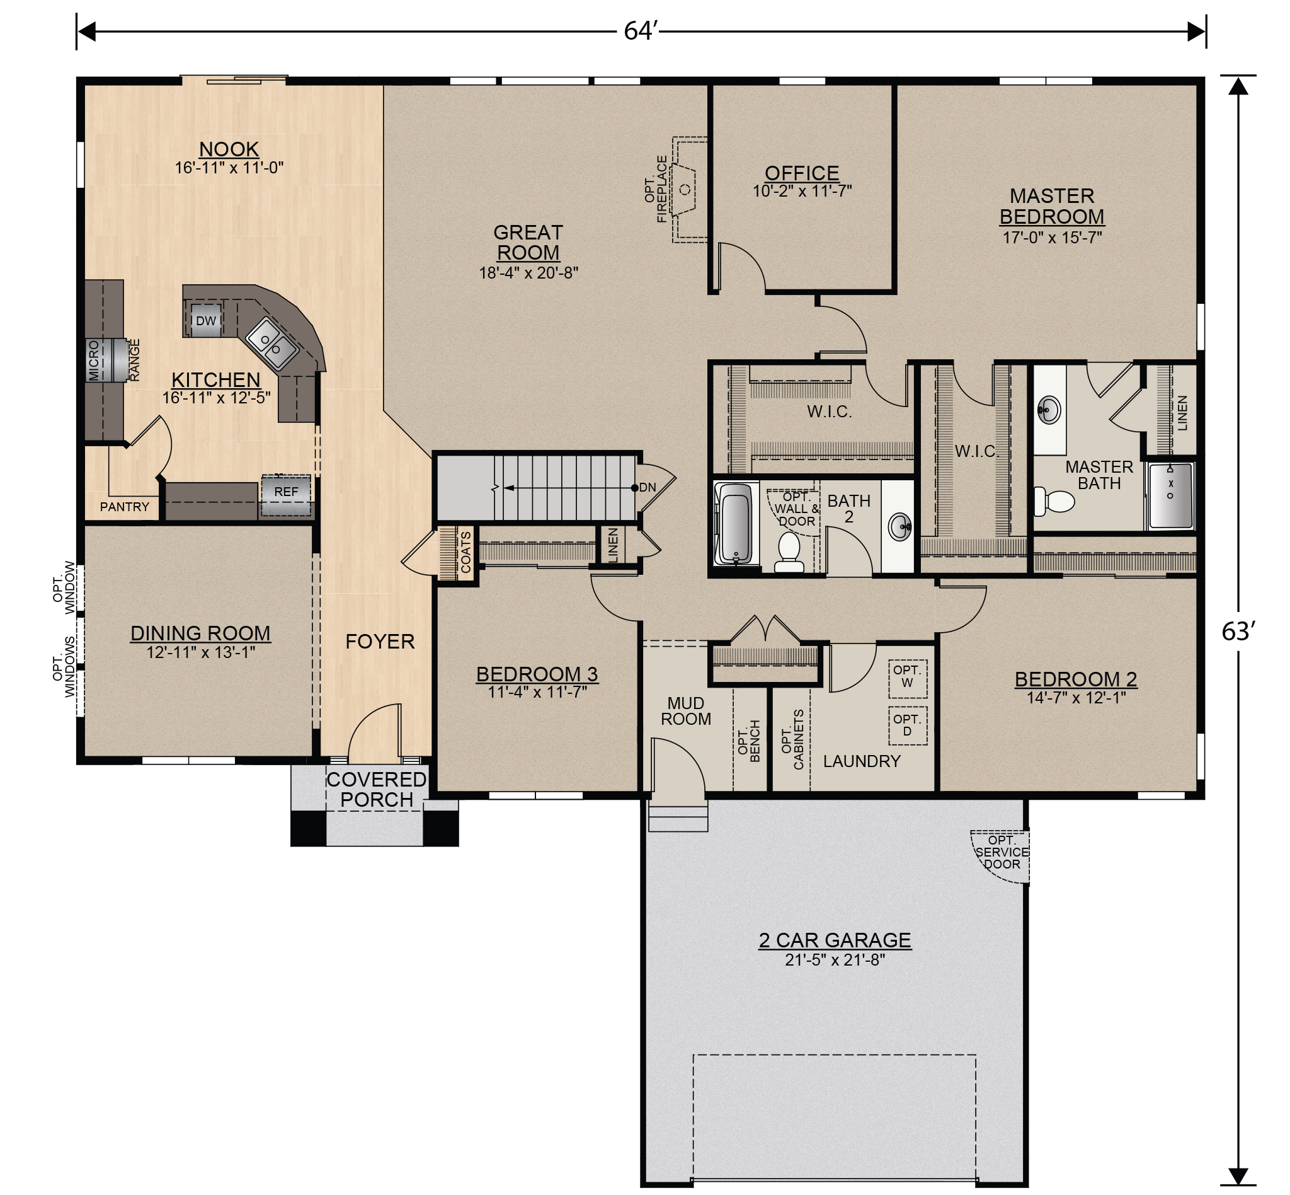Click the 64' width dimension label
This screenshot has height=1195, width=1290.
640,30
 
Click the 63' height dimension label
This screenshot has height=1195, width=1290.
1238,631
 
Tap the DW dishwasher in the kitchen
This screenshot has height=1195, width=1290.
205,321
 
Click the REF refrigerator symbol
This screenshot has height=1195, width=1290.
286,495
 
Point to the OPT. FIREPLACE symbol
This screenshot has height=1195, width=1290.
685,189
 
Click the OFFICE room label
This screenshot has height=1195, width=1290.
801,173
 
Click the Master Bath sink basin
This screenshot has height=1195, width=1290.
1047,408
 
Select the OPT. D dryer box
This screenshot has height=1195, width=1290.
907,726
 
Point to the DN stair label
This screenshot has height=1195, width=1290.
647,488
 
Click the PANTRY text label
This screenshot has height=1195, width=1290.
124,507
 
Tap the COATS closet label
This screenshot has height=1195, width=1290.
465,551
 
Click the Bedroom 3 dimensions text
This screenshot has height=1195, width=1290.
537,693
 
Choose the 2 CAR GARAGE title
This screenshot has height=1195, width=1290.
835,940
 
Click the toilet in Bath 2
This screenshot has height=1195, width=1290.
789,551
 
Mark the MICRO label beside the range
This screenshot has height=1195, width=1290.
94,361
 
